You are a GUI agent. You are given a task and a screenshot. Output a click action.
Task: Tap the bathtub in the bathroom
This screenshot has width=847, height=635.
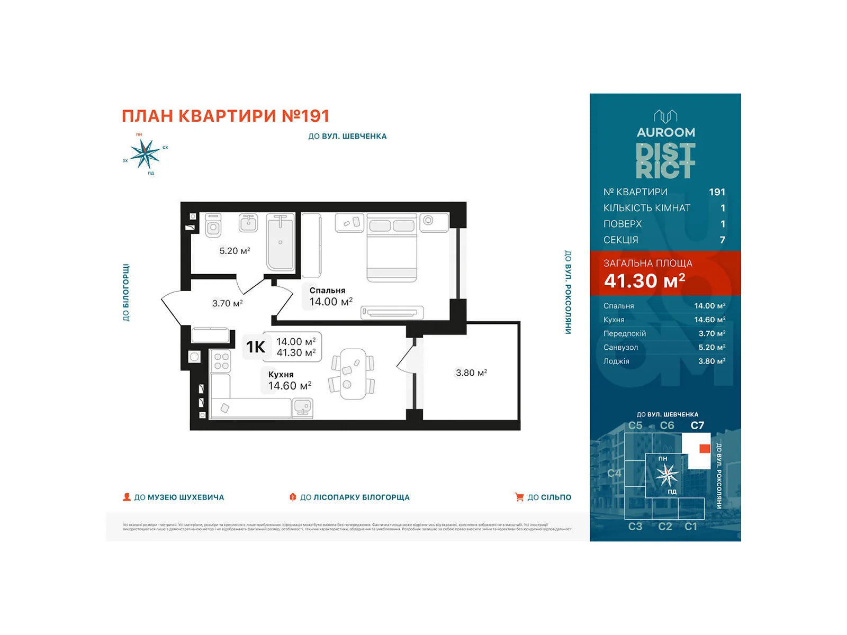[x=280, y=242]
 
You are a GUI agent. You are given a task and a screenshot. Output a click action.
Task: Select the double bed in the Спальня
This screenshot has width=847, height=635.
[x=392, y=247]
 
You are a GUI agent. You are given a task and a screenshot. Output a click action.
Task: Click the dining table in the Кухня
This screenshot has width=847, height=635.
[x=353, y=374]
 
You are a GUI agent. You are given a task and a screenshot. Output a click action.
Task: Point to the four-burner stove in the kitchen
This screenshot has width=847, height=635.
[x=221, y=361]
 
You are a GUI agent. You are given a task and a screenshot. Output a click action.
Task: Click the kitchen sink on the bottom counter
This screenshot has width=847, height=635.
[x=302, y=407]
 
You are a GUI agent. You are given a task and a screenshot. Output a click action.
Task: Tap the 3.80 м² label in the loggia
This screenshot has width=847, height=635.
[x=471, y=373]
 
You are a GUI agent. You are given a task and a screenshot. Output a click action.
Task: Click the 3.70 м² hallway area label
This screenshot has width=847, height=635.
[x=227, y=303]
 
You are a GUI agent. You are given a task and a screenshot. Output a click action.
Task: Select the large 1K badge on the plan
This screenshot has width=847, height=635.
[x=256, y=347]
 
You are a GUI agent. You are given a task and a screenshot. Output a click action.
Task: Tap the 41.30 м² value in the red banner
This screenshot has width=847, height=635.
[x=644, y=281]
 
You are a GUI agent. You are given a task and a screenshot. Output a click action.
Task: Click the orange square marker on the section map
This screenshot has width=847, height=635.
[x=704, y=449]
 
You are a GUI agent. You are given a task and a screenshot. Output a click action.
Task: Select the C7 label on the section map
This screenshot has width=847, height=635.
[x=697, y=425]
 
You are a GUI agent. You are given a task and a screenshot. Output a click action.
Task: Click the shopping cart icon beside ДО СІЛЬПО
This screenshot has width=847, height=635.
[x=519, y=497]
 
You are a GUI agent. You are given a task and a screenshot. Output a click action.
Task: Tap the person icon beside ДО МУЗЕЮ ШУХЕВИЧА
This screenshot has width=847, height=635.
[x=127, y=497]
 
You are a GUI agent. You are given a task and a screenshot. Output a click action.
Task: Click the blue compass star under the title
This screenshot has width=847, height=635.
[x=145, y=154]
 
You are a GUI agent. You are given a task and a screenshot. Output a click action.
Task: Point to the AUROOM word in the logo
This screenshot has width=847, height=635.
[x=665, y=132]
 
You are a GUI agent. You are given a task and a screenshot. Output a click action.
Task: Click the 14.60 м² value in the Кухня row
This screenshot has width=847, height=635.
[x=709, y=320]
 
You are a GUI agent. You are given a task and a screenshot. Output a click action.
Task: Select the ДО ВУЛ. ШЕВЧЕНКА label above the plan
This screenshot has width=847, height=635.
[x=347, y=136]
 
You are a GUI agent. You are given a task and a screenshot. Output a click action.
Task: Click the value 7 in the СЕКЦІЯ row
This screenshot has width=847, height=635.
[x=722, y=240]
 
